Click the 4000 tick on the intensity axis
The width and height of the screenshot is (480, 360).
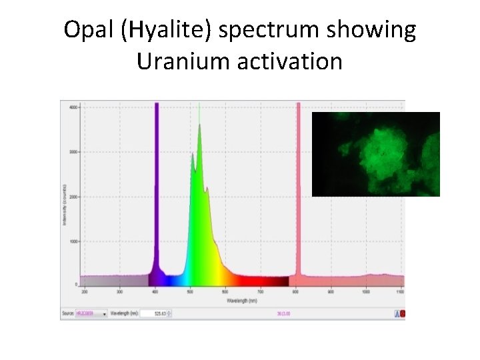click(74, 107)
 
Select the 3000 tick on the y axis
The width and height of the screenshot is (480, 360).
click(74, 152)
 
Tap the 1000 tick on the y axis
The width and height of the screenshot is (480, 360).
click(74, 241)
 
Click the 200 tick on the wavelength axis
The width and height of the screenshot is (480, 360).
click(84, 291)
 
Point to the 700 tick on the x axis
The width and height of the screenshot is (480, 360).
click(260, 291)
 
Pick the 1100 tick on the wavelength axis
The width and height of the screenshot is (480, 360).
click(400, 291)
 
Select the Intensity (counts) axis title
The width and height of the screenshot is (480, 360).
click(65, 200)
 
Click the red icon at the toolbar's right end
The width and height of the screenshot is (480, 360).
click(402, 313)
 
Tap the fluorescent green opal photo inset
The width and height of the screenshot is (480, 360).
click(376, 154)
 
